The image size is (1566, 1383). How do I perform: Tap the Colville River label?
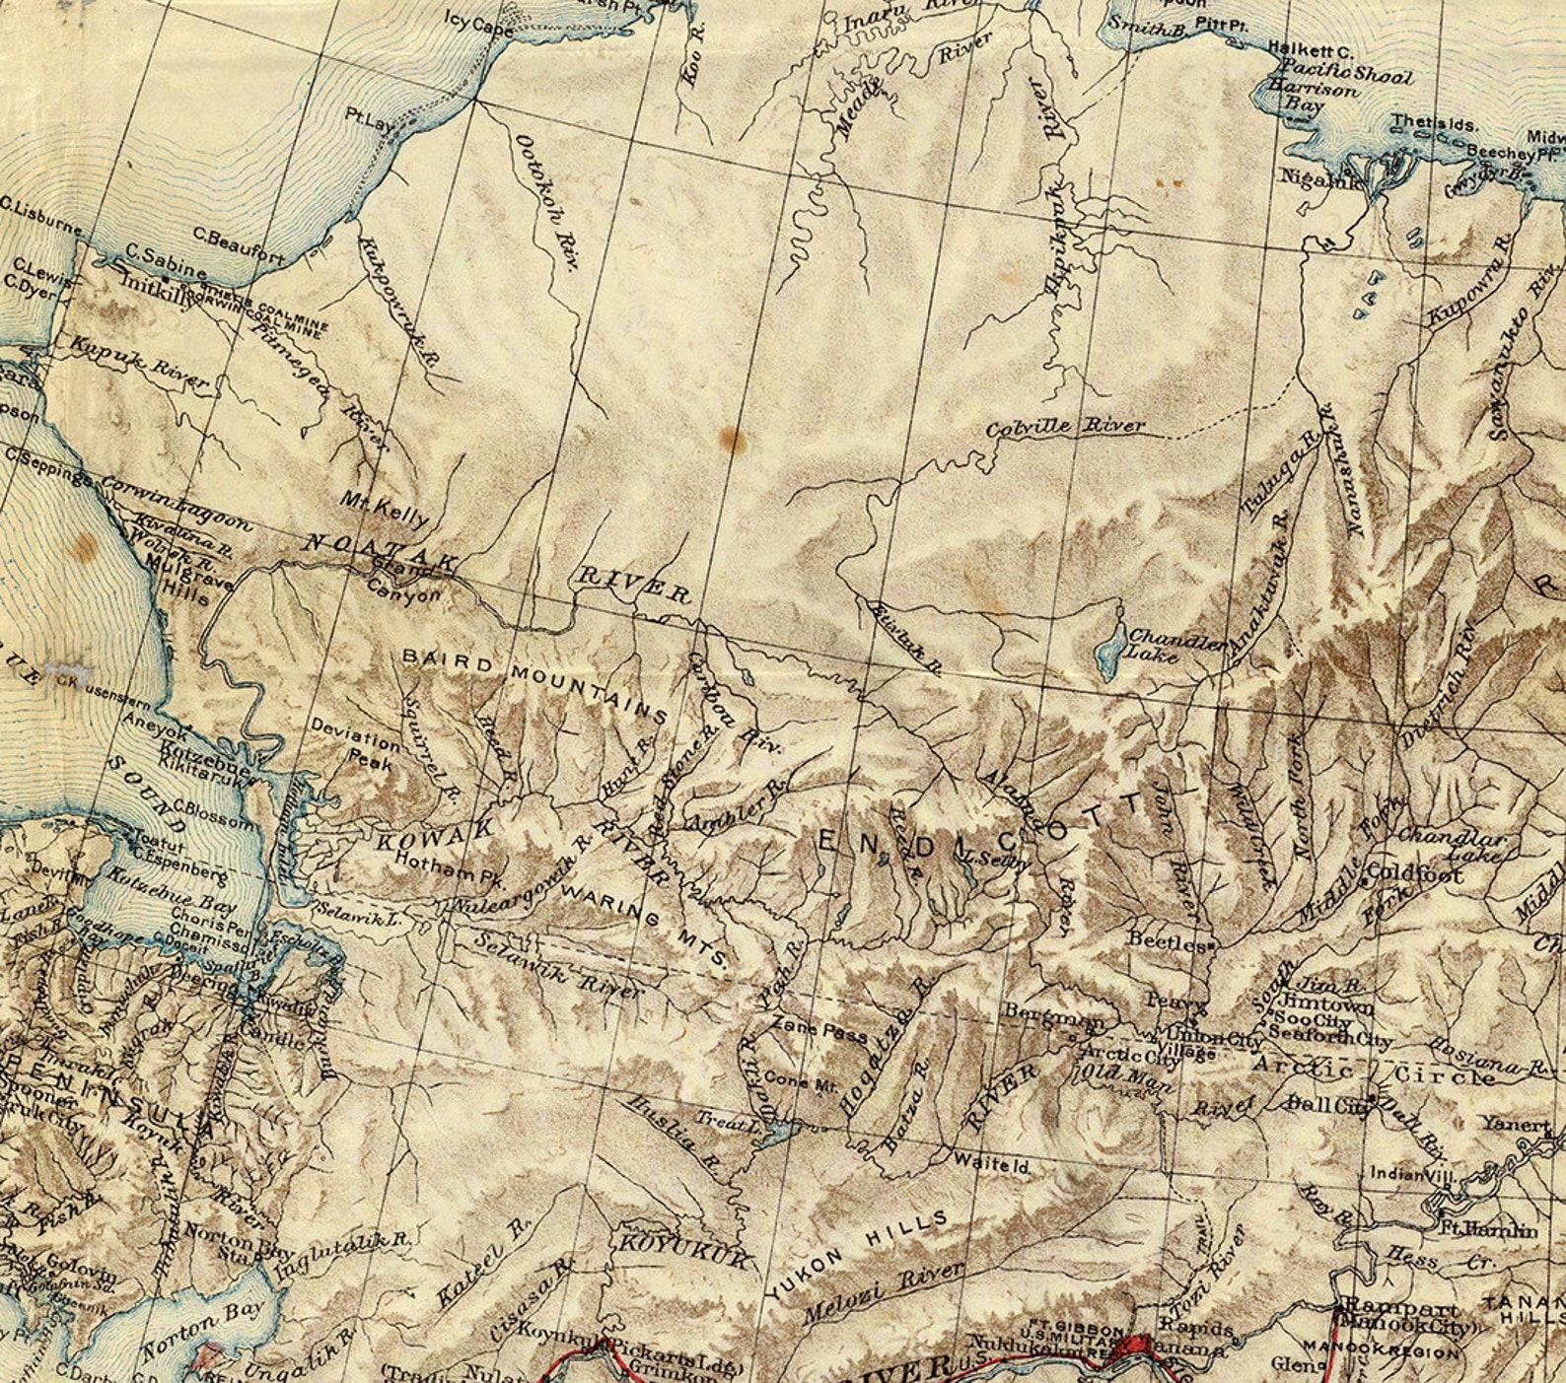(x=1066, y=428)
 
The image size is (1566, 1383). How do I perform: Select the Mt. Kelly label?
(x=386, y=508)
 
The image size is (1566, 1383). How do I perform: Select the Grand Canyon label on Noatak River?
(x=405, y=582)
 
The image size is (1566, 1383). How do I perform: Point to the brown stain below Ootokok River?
(x=733, y=439)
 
